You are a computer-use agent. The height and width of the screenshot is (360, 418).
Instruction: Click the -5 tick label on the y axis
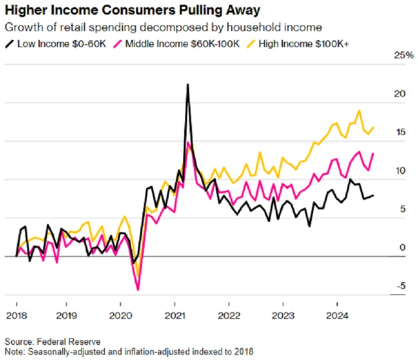pyautogui.click(x=401, y=285)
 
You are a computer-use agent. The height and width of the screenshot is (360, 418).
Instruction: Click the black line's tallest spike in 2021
pyautogui.click(x=188, y=85)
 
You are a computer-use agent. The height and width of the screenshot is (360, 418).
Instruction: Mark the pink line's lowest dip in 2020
pyautogui.click(x=138, y=289)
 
